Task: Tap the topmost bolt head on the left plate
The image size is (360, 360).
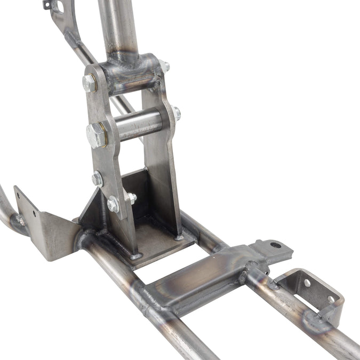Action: coord(89,83)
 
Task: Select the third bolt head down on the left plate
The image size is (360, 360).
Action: coord(97,179)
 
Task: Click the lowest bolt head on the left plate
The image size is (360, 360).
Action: coord(114,204)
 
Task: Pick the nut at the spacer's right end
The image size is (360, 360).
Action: coord(177,113)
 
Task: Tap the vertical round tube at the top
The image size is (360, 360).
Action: coord(118,27)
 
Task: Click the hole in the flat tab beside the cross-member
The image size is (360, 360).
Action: coord(275,245)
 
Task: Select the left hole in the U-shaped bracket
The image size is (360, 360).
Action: coord(307,283)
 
